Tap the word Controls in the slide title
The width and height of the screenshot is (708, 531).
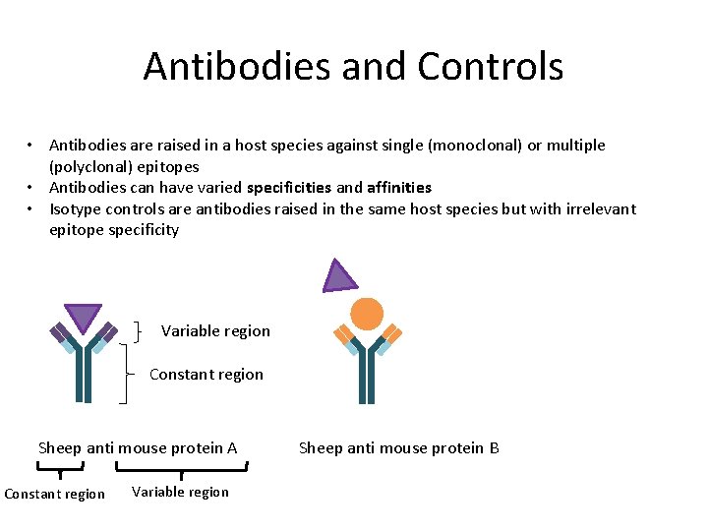pyautogui.click(x=490, y=67)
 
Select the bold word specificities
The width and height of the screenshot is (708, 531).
pyautogui.click(x=289, y=187)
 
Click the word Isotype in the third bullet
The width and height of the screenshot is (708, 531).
pyautogui.click(x=76, y=208)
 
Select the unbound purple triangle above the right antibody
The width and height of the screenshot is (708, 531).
pyautogui.click(x=339, y=277)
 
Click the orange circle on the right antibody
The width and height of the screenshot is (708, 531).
pyautogui.click(x=367, y=314)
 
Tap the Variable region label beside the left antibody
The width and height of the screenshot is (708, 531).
pyautogui.click(x=215, y=330)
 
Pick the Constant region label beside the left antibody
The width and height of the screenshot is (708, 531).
pyautogui.click(x=206, y=374)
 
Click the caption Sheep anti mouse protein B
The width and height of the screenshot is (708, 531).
pyautogui.click(x=398, y=447)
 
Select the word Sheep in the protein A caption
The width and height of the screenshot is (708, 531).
pyautogui.click(x=59, y=447)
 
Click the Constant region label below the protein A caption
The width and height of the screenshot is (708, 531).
pyautogui.click(x=54, y=494)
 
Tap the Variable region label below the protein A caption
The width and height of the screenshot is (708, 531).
pyautogui.click(x=180, y=492)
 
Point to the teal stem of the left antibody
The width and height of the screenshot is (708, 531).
pyautogui.click(x=84, y=379)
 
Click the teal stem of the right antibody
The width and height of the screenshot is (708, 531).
pyautogui.click(x=367, y=379)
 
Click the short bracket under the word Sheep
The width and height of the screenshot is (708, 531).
pyautogui.click(x=60, y=468)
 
